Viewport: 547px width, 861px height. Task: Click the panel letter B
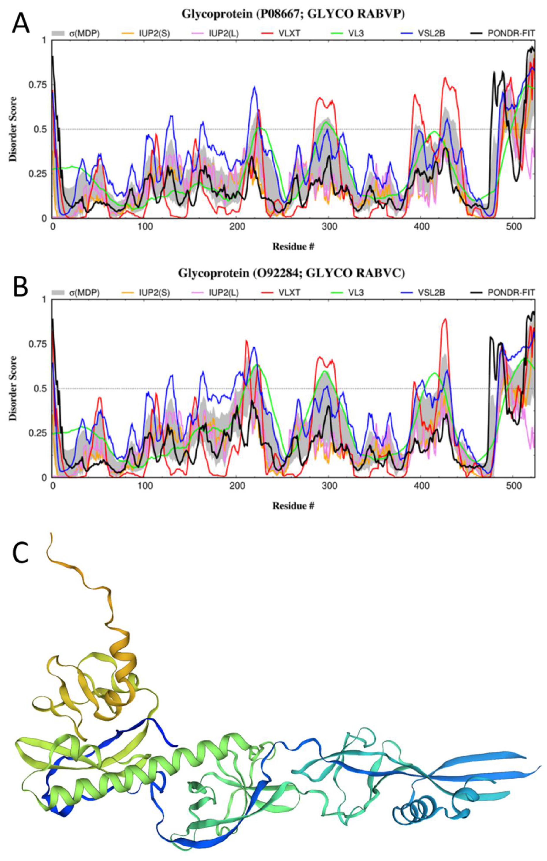pos(20,286)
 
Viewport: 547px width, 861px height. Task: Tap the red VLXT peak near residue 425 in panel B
pos(445,319)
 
